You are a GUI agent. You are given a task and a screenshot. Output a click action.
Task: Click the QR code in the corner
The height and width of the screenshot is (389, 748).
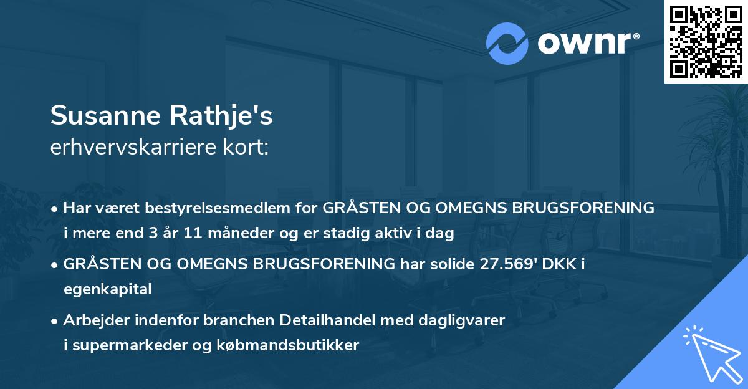click(706, 41)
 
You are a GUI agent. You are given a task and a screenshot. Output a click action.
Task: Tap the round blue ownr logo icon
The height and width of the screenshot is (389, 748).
click(508, 43)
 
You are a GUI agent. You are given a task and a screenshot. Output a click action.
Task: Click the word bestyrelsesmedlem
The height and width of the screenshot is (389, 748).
click(221, 208)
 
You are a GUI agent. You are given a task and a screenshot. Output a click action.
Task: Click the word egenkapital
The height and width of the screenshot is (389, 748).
click(107, 289)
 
